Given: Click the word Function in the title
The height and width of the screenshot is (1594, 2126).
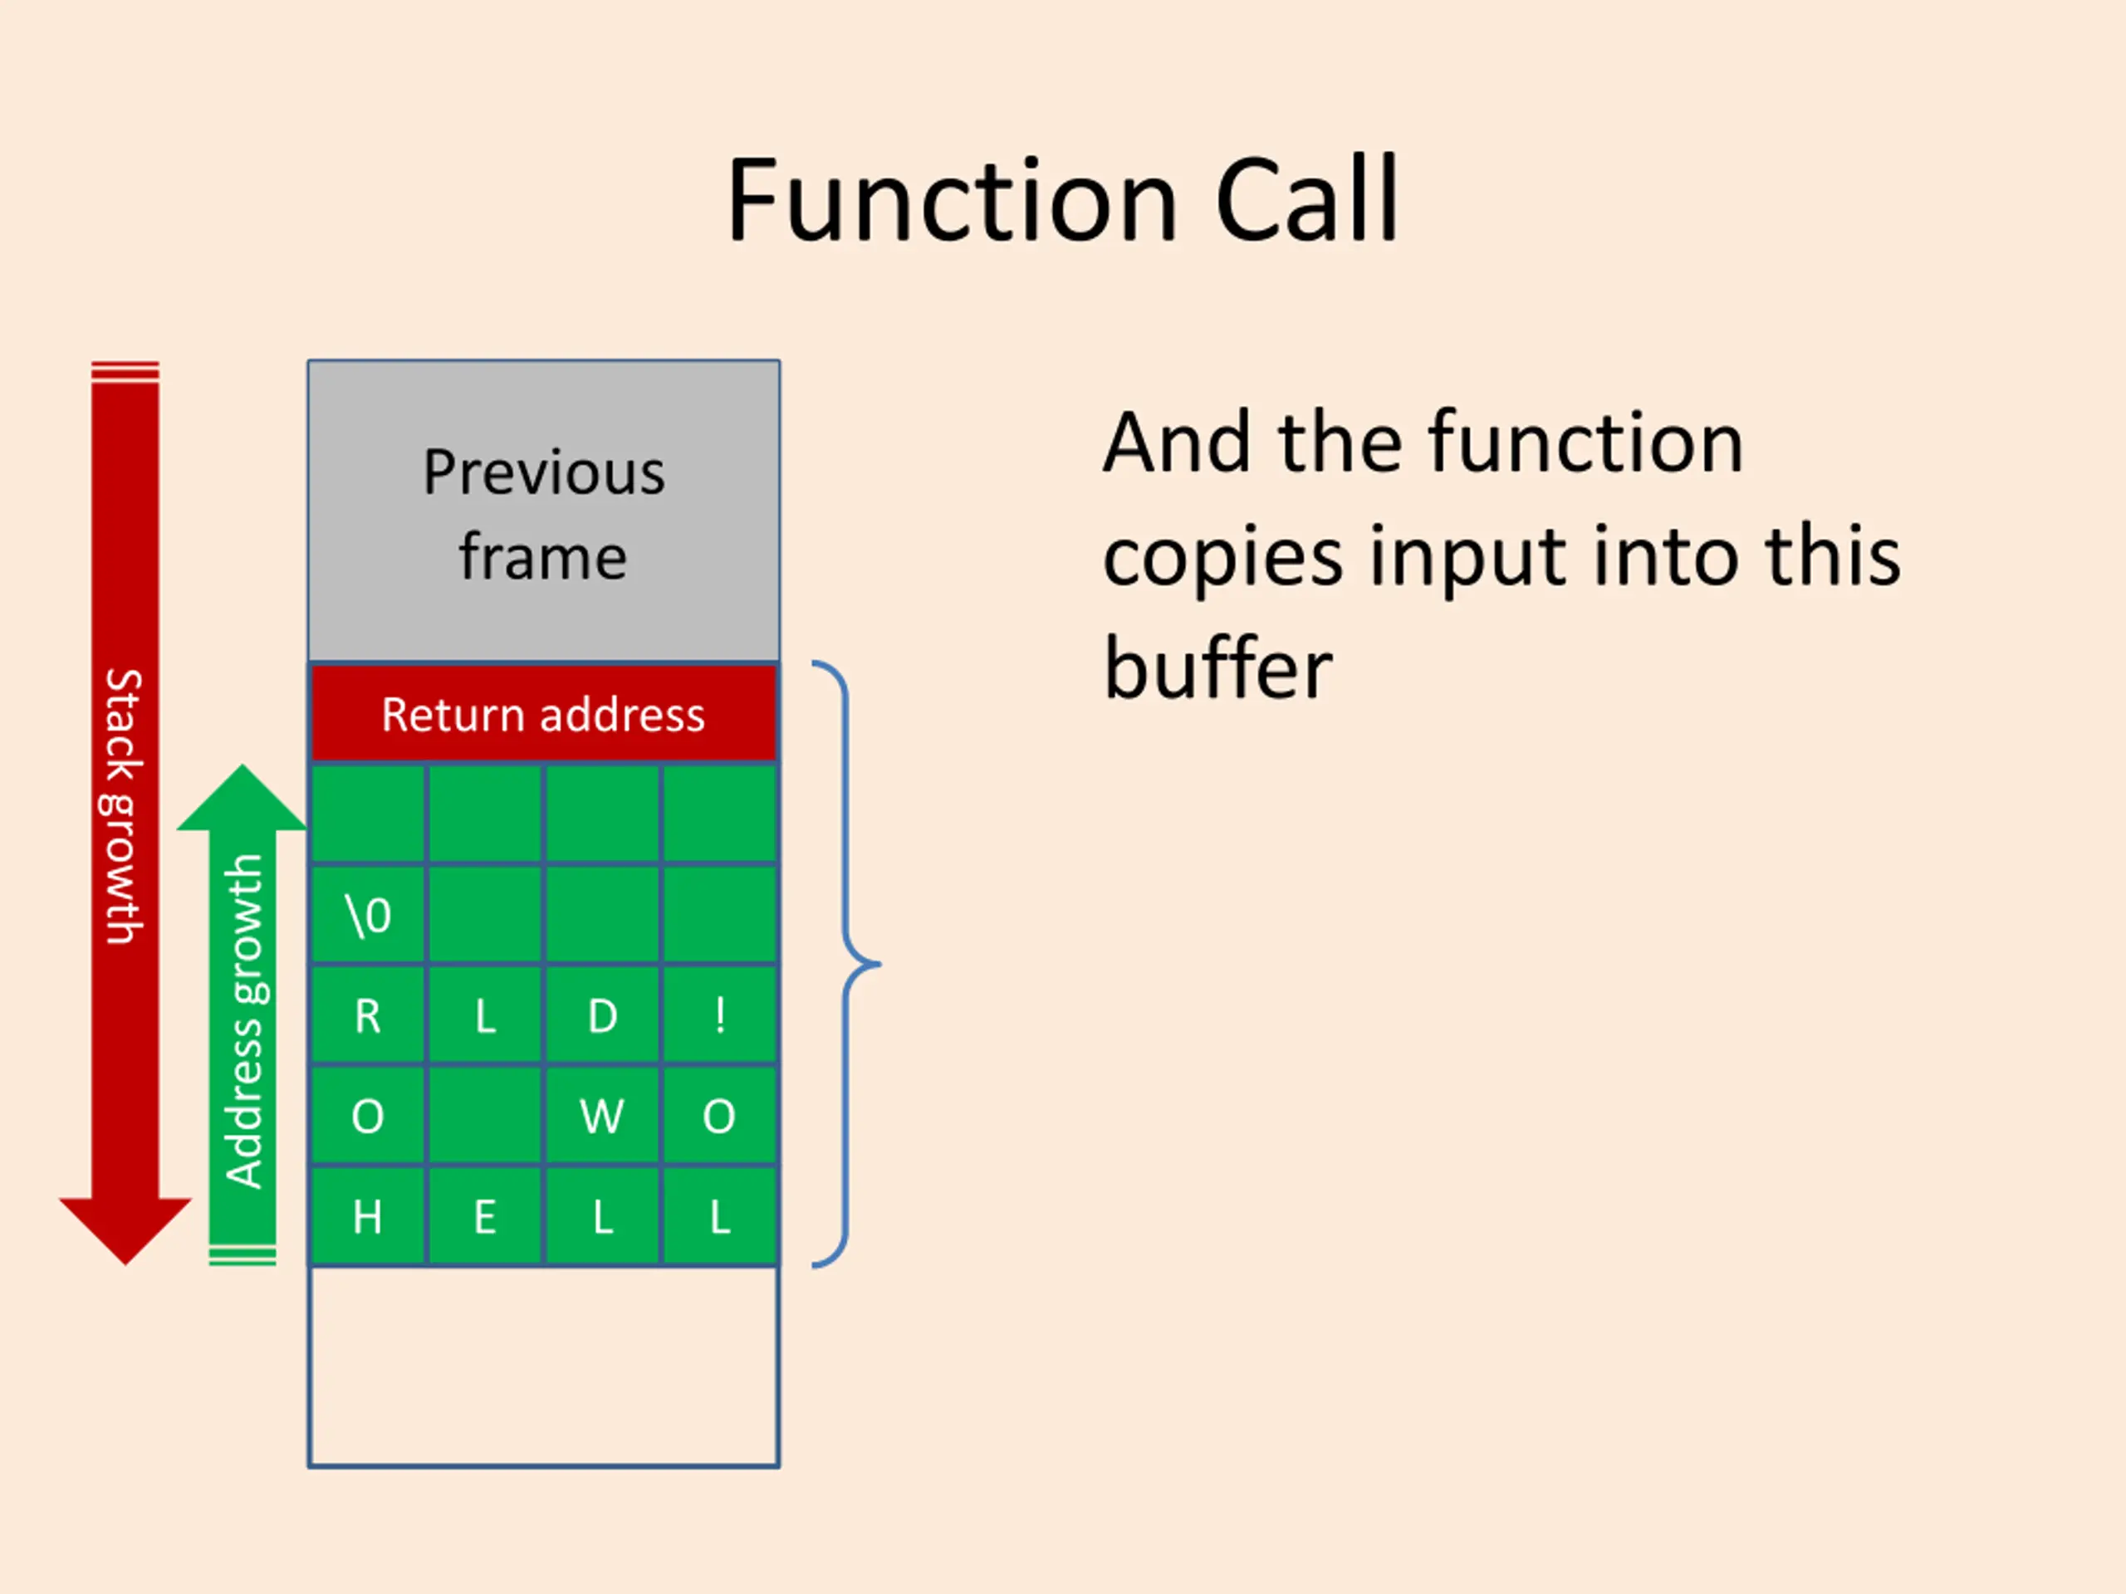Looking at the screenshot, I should tap(952, 202).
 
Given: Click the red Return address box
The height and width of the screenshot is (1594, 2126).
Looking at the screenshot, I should tap(543, 714).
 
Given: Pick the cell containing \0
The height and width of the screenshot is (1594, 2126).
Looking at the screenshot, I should tap(367, 915).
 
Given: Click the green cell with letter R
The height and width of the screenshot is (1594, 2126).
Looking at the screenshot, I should tap(367, 1015).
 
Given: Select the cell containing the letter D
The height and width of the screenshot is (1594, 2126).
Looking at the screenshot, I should tap(603, 1015).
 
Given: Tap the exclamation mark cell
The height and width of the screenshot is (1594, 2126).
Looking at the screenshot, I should tap(720, 1015).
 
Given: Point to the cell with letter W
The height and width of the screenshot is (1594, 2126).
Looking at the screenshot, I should tap(603, 1117).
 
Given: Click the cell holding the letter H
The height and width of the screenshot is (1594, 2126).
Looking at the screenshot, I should tap(367, 1217).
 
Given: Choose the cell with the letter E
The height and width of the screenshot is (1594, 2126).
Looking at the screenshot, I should tap(484, 1217).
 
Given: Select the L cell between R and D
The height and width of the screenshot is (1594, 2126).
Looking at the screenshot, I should tap(484, 1015).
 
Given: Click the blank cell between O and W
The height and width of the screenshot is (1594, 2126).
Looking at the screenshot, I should tap(484, 1117).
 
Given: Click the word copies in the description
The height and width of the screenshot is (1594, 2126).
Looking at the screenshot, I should tap(1222, 557).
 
